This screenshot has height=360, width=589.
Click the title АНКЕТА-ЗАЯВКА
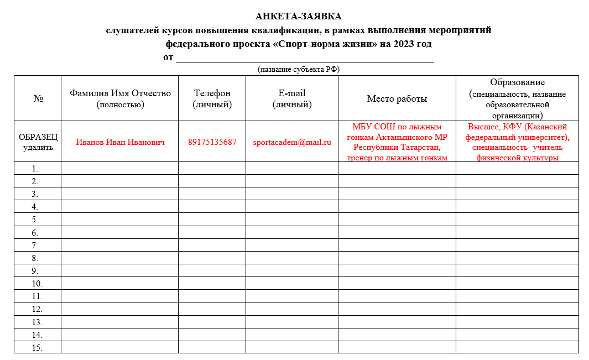click(299, 17)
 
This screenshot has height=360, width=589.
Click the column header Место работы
click(397, 99)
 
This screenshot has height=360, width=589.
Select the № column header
click(38, 99)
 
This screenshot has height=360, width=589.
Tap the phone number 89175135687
click(212, 142)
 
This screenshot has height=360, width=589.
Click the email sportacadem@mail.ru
click(292, 142)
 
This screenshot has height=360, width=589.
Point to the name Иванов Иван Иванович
click(120, 142)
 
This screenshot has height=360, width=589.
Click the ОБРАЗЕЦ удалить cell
click(38, 142)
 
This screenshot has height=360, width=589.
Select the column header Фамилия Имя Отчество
click(120, 93)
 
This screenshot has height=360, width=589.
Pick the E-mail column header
click(292, 93)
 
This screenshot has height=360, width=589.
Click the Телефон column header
click(212, 93)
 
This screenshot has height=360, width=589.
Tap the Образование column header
click(517, 82)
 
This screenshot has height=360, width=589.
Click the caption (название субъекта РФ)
click(299, 69)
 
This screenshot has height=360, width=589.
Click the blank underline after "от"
click(304, 58)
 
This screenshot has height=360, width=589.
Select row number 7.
click(35, 245)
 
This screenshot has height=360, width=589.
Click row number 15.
click(37, 347)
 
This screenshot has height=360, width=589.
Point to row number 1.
click(35, 168)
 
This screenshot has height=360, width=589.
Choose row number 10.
click(37, 283)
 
